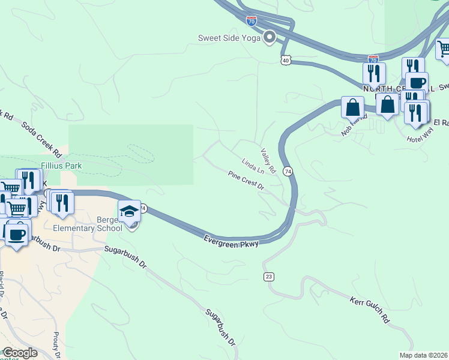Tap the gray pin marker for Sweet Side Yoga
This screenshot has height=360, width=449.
pyautogui.click(x=270, y=37)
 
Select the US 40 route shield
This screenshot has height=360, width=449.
pyautogui.click(x=286, y=60)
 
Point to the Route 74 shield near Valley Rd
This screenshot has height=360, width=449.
pyautogui.click(x=288, y=171)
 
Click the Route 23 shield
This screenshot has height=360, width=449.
pyautogui.click(x=268, y=276)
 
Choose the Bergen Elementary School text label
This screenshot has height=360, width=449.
pyautogui.click(x=88, y=223)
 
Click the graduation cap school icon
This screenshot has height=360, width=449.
pyautogui.click(x=130, y=212)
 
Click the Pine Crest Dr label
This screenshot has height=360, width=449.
pyautogui.click(x=246, y=180)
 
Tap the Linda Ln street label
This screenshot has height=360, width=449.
pyautogui.click(x=253, y=165)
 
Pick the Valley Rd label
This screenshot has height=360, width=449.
pyautogui.click(x=268, y=161)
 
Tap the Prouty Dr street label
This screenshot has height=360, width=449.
pyautogui.click(x=56, y=346)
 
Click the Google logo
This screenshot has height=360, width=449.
pyautogui.click(x=19, y=353)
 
